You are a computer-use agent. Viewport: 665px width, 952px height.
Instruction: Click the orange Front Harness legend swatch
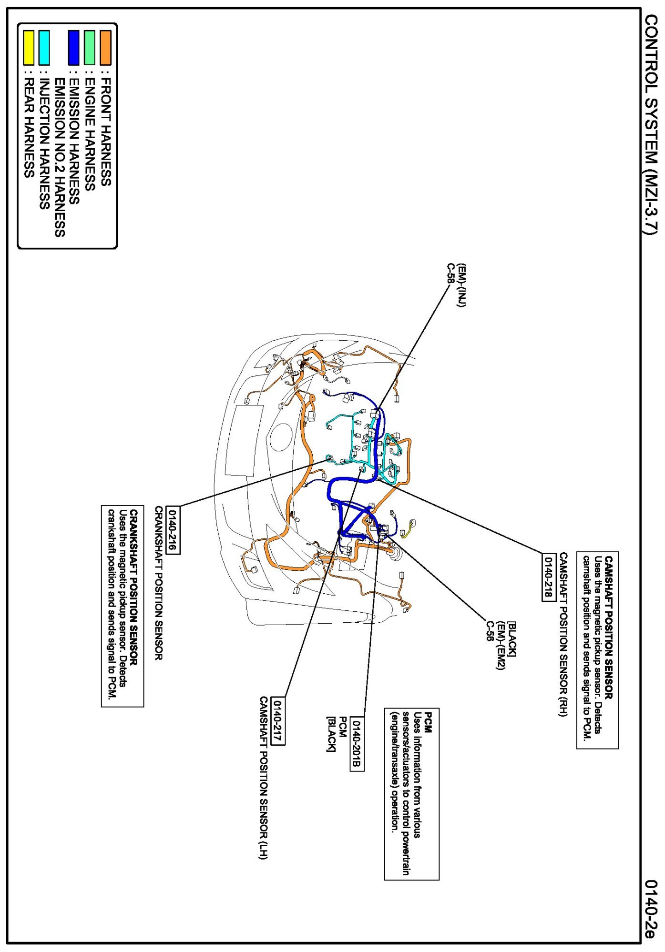tap(105, 48)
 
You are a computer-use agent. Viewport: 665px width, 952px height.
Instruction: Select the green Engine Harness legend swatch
tap(90, 48)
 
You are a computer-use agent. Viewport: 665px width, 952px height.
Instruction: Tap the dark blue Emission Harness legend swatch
tap(73, 48)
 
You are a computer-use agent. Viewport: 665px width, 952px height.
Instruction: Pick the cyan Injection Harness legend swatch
tap(44, 48)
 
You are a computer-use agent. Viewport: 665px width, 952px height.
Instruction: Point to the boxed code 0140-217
tap(277, 720)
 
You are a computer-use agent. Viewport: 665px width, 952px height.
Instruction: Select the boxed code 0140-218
tap(549, 577)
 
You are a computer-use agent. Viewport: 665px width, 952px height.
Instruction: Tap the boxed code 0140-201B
tap(357, 743)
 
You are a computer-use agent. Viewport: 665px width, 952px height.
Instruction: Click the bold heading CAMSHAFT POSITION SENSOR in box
tap(609, 628)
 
